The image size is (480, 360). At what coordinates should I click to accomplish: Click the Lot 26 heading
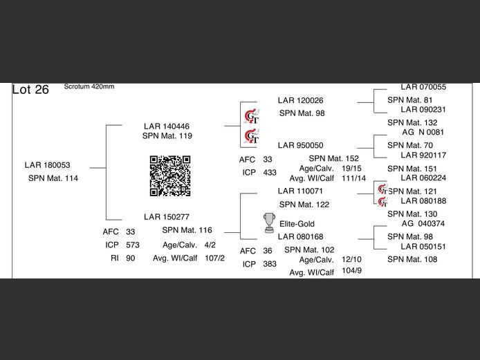pyautogui.click(x=30, y=91)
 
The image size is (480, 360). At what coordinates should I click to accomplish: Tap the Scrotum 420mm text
pyautogui.click(x=89, y=86)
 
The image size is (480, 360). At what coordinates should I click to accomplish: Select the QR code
pyautogui.click(x=170, y=176)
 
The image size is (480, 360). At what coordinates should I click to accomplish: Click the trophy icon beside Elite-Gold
pyautogui.click(x=269, y=222)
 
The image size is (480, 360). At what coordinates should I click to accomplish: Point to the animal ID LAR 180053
pyautogui.click(x=47, y=165)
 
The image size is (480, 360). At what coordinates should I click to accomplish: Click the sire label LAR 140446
pyautogui.click(x=166, y=126)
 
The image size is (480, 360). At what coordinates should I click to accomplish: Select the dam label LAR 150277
pyautogui.click(x=166, y=217)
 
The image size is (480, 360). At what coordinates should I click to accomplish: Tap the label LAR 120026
pyautogui.click(x=300, y=101)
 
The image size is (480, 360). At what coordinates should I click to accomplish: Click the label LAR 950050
pyautogui.click(x=300, y=146)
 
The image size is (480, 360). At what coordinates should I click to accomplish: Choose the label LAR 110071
pyautogui.click(x=300, y=191)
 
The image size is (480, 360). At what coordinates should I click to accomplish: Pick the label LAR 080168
pyautogui.click(x=300, y=237)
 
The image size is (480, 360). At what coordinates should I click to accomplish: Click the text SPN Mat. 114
pyautogui.click(x=53, y=178)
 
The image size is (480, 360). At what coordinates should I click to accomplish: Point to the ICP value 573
pyautogui.click(x=133, y=245)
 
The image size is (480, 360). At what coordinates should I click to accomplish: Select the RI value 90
pyautogui.click(x=131, y=258)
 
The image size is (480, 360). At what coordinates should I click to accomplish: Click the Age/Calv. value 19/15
pyautogui.click(x=351, y=169)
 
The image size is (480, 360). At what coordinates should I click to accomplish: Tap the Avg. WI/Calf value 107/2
pyautogui.click(x=214, y=258)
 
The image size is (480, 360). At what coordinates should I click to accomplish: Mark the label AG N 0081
pyautogui.click(x=423, y=133)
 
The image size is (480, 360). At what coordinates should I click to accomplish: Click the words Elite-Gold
pyautogui.click(x=297, y=224)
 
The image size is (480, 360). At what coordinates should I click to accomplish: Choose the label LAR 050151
pyautogui.click(x=423, y=247)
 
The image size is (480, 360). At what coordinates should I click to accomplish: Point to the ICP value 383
pyautogui.click(x=270, y=265)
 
